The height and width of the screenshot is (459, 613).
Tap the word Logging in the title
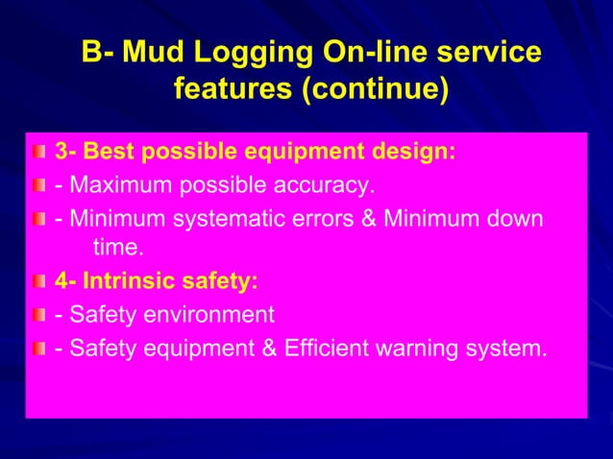249,53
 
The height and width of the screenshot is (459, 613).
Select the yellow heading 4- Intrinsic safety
156,282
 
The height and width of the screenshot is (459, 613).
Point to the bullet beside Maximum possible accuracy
39,184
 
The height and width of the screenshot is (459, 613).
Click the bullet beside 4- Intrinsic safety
39,282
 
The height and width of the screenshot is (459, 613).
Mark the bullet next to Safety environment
39,315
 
